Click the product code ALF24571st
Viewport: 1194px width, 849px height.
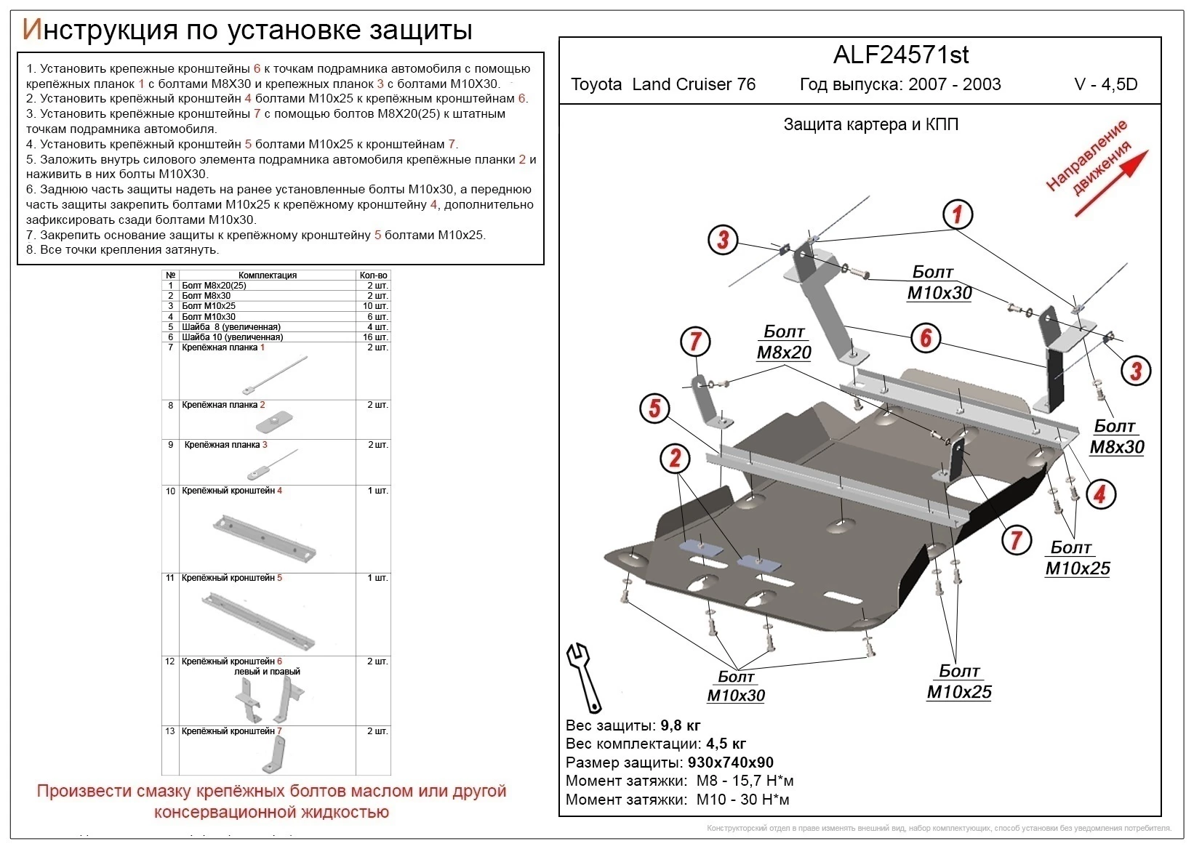[x=900, y=55]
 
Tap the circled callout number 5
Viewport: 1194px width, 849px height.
[x=654, y=408]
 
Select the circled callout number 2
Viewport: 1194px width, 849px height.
[x=675, y=458]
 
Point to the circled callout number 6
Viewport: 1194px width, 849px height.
[x=926, y=338]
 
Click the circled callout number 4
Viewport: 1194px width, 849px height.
[x=1099, y=494]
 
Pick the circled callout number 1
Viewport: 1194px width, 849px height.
[x=957, y=214]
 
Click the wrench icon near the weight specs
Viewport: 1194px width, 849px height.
[x=584, y=676]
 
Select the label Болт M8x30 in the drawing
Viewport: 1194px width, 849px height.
[x=1116, y=437]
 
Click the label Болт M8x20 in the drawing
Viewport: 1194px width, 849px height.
[x=784, y=342]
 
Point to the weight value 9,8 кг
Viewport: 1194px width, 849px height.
[x=680, y=725]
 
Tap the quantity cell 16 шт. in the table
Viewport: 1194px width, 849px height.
[x=374, y=337]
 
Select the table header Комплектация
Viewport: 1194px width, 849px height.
[x=267, y=275]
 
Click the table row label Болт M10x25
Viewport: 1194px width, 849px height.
[x=209, y=306]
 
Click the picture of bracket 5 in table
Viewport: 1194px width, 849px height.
[x=258, y=620]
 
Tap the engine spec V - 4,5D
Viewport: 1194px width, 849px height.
[x=1105, y=84]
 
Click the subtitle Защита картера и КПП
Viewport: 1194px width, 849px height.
[x=870, y=124]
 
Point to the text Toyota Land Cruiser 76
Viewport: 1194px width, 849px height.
[x=662, y=84]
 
